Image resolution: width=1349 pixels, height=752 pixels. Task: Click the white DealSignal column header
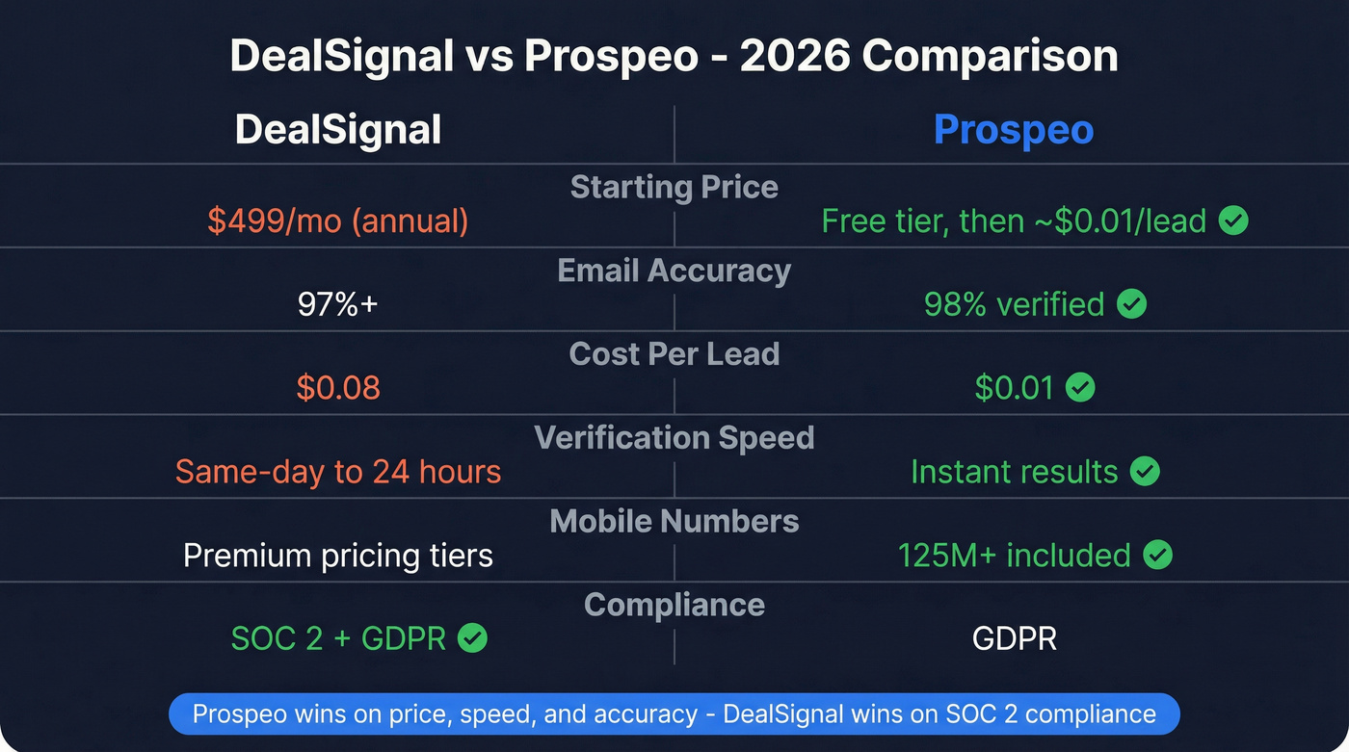click(x=338, y=130)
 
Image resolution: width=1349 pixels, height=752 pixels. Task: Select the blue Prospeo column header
click(x=1014, y=130)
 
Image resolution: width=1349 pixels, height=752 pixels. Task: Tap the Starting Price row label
click(x=674, y=187)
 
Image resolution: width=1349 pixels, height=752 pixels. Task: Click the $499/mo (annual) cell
click(x=338, y=221)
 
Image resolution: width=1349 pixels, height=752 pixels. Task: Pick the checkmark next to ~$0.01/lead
click(x=1233, y=221)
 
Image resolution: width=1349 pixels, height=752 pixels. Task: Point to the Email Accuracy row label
click(x=674, y=271)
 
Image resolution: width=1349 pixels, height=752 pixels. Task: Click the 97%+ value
click(x=338, y=305)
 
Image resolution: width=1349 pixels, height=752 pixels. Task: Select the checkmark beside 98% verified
click(x=1131, y=305)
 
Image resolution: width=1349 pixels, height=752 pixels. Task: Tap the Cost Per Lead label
click(x=674, y=354)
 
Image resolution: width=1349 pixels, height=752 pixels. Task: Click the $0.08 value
click(x=338, y=388)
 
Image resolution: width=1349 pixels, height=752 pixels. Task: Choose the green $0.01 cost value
click(x=1014, y=388)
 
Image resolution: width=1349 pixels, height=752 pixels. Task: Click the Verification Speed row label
click(x=674, y=438)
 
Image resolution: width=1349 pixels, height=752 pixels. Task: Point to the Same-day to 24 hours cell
click(x=338, y=472)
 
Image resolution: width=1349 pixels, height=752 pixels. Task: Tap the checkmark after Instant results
click(x=1145, y=472)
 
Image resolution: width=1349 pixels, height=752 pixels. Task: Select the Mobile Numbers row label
click(x=674, y=522)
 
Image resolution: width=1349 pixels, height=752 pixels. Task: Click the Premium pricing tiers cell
click(x=338, y=556)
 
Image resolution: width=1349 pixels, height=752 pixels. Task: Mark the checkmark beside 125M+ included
click(x=1157, y=556)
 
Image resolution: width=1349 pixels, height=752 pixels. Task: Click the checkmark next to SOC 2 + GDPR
click(x=472, y=638)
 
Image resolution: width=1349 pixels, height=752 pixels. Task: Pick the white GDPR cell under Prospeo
click(x=1014, y=638)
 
